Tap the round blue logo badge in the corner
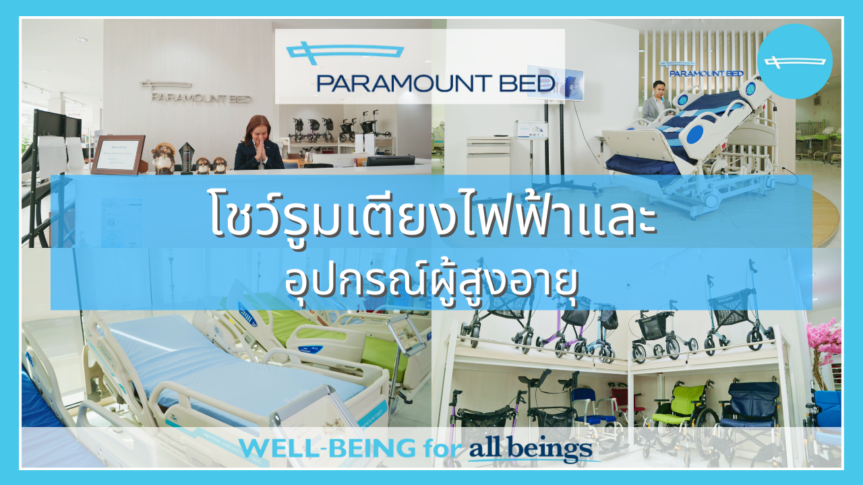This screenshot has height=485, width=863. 794,61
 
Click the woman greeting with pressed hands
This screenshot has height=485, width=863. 258,143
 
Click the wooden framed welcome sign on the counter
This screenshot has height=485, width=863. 119,154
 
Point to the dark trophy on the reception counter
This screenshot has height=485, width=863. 187,158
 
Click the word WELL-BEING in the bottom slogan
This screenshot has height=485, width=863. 328,449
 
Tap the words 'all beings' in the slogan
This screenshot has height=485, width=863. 531,449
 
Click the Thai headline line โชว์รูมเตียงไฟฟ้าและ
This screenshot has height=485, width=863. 432,216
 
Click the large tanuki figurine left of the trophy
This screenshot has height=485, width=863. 163,158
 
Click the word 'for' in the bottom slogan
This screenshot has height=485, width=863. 443,449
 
